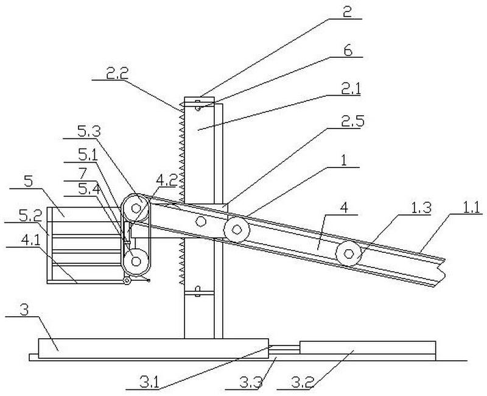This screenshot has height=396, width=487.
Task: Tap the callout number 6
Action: tap(348, 51)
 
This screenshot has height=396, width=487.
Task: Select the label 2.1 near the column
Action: tap(351, 89)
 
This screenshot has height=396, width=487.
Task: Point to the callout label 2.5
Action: tap(352, 121)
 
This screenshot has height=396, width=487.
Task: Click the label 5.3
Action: tap(89, 132)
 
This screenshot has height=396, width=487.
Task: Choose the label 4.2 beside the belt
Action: tap(166, 180)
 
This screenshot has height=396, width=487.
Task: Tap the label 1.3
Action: tap(419, 207)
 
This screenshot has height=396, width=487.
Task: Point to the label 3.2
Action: tap(303, 382)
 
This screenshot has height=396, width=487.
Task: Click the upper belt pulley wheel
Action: tap(136, 208)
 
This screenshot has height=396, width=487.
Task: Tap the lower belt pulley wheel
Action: tap(136, 261)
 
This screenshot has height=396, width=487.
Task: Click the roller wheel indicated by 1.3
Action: tap(349, 253)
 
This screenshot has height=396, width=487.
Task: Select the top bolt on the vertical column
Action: tap(197, 105)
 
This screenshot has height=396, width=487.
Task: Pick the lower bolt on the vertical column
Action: tap(197, 291)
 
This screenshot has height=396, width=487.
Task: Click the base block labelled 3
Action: tap(153, 348)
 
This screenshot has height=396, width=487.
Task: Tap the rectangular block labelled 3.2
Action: tap(368, 347)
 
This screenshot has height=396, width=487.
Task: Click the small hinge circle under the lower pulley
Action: tap(127, 281)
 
